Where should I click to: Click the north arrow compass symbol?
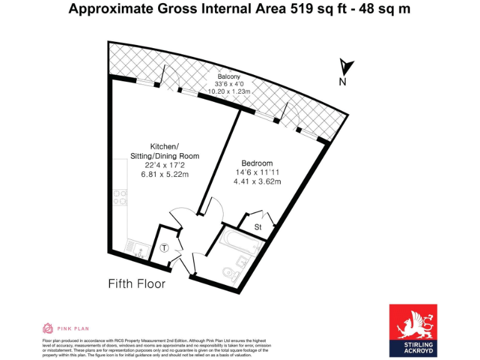coord(346,65)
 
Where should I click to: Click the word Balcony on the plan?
coord(229,77)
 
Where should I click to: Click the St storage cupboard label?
coord(258,227)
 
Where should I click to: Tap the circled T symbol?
coord(164,247)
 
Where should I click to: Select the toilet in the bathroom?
coord(231,272)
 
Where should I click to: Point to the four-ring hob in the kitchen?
coord(119,197)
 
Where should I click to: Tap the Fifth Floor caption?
coord(137,284)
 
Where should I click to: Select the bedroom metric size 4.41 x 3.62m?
coord(257,182)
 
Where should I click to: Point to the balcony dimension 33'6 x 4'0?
coord(229,84)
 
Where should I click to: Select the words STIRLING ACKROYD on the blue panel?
coord(413,348)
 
